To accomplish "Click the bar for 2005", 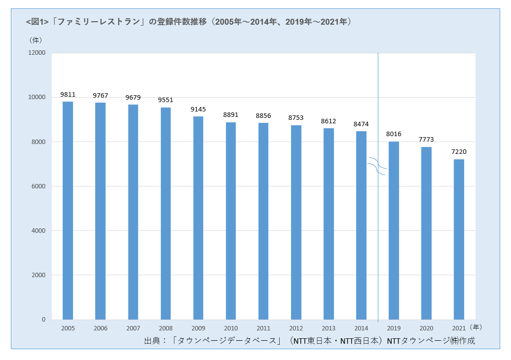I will click(x=68, y=211).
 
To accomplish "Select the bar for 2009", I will click(x=198, y=218).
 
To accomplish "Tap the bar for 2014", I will click(x=361, y=225).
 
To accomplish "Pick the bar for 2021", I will click(x=459, y=239).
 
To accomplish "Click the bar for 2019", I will click(x=394, y=230).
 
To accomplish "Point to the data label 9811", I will click(x=68, y=94).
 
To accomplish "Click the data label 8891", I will click(x=231, y=115).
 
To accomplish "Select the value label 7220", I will click(x=459, y=152).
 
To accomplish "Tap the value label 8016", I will click(x=394, y=134).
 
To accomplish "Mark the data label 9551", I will click(x=166, y=100).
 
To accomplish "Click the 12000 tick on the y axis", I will click(x=37, y=53).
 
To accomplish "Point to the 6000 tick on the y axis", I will click(x=39, y=186).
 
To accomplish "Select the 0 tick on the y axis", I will click(x=43, y=320).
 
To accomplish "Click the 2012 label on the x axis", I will click(x=296, y=328).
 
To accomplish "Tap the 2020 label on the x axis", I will click(x=426, y=328).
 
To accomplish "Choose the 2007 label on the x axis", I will click(x=133, y=328).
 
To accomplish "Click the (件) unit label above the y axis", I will click(x=36, y=39).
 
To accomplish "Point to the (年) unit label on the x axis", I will click(x=476, y=327).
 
